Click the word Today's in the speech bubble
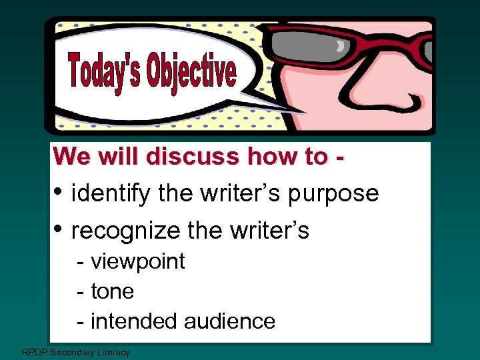pos(105,73)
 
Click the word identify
pos(111,194)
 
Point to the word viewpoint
pos(137,262)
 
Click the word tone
pos(112,291)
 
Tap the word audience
pos(229,321)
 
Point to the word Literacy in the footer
pos(111,352)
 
